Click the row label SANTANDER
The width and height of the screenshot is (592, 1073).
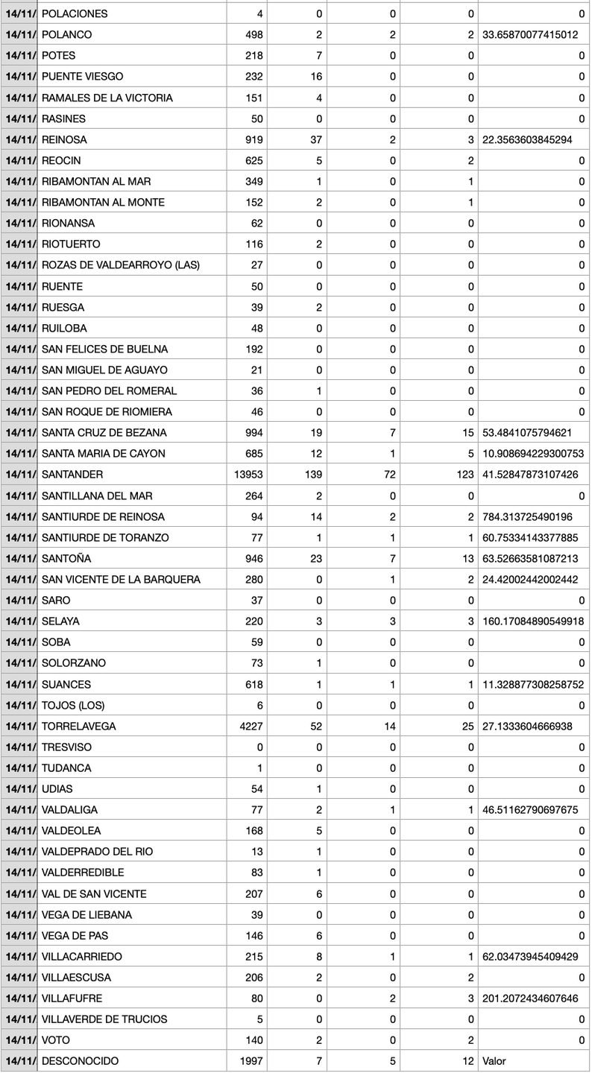tap(72, 475)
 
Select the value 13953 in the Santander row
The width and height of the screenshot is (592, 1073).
tap(248, 475)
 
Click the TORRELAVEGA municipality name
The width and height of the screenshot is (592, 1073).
tap(79, 727)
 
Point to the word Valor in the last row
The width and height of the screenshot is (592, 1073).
tap(494, 1061)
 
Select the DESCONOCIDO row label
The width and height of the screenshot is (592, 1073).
tap(81, 1061)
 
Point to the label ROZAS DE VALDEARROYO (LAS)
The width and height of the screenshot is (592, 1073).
tap(121, 265)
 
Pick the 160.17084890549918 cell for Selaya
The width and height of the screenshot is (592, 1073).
tap(533, 621)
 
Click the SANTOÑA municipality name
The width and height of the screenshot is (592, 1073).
tap(67, 558)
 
